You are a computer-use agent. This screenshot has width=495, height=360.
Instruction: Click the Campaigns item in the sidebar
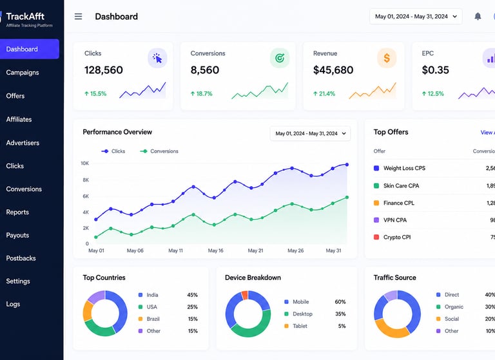tap(23, 73)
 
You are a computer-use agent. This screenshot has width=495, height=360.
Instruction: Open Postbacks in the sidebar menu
tap(21, 258)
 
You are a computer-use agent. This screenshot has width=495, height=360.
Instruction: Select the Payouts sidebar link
tap(17, 235)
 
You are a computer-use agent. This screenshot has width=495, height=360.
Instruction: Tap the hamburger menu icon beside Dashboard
tap(78, 16)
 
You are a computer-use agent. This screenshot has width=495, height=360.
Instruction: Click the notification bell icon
tap(478, 16)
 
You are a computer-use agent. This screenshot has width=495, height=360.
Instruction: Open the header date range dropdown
tap(416, 16)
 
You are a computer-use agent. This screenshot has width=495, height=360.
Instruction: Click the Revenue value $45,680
tap(333, 70)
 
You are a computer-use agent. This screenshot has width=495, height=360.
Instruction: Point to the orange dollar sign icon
tap(387, 58)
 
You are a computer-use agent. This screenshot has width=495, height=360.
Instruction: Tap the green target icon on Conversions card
tap(280, 58)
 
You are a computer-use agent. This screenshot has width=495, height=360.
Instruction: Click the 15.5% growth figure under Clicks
tap(95, 94)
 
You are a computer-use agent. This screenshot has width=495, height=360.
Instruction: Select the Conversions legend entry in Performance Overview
tap(159, 151)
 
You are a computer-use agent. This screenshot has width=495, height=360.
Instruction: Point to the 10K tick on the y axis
tap(84, 164)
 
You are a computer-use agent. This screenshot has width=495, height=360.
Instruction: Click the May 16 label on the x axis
tap(216, 251)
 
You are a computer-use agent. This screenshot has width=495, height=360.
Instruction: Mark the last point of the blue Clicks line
tap(347, 164)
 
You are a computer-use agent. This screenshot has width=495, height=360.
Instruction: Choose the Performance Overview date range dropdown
tap(310, 133)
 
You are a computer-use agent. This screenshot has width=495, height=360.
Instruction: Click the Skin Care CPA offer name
tap(402, 186)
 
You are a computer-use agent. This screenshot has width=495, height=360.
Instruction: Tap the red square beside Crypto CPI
tap(376, 237)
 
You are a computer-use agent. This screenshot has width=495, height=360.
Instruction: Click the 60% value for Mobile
tap(340, 302)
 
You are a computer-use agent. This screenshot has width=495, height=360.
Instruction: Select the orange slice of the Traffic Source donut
tap(391, 328)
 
